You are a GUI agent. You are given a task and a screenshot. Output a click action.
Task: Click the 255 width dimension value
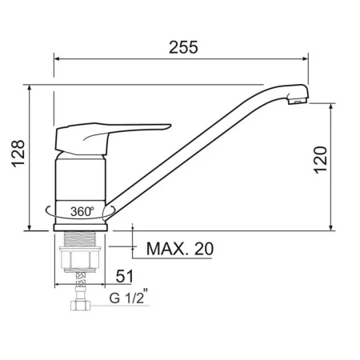pyautogui.click(x=183, y=47)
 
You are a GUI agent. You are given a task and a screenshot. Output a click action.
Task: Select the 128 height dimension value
pyautogui.click(x=18, y=154)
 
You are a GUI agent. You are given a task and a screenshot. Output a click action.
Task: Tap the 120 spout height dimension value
pyautogui.click(x=320, y=160)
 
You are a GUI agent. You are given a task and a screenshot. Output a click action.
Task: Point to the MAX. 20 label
pyautogui.click(x=180, y=249)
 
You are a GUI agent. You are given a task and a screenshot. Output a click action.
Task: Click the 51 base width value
pyautogui.click(x=124, y=276)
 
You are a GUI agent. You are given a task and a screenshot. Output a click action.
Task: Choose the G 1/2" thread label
pyautogui.click(x=128, y=296)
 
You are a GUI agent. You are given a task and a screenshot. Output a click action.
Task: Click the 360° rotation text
pyautogui.click(x=82, y=211)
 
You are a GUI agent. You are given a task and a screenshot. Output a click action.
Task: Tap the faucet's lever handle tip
pyautogui.click(x=170, y=126)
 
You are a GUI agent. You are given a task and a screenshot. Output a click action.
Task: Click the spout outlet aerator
pyautogui.click(x=298, y=101)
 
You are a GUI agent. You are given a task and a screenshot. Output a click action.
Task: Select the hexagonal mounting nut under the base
pyautogui.click(x=80, y=258)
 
